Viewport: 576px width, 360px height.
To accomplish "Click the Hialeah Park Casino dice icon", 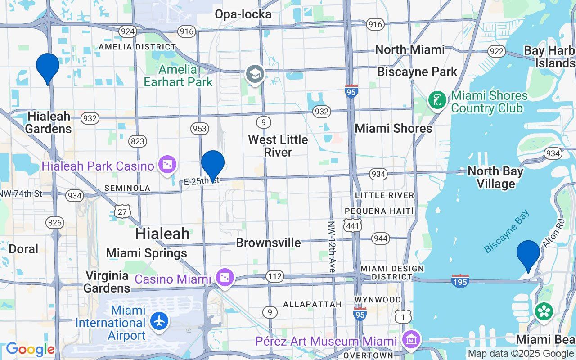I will click(167, 166).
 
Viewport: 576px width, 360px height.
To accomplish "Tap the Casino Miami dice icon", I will click(224, 279).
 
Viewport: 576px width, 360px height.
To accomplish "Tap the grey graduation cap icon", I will click(255, 74).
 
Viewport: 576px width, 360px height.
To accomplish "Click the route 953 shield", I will click(199, 129).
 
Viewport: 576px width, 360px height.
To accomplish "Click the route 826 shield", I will click(54, 222).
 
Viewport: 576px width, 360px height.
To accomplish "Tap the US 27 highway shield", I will click(122, 211).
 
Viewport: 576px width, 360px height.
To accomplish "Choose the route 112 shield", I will click(274, 276).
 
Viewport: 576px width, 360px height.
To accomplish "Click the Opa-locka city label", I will click(243, 14).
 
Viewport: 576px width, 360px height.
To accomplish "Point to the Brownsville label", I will click(268, 243).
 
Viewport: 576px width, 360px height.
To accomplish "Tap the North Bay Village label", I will click(495, 177).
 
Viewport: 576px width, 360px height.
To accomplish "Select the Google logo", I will click(30, 349).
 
